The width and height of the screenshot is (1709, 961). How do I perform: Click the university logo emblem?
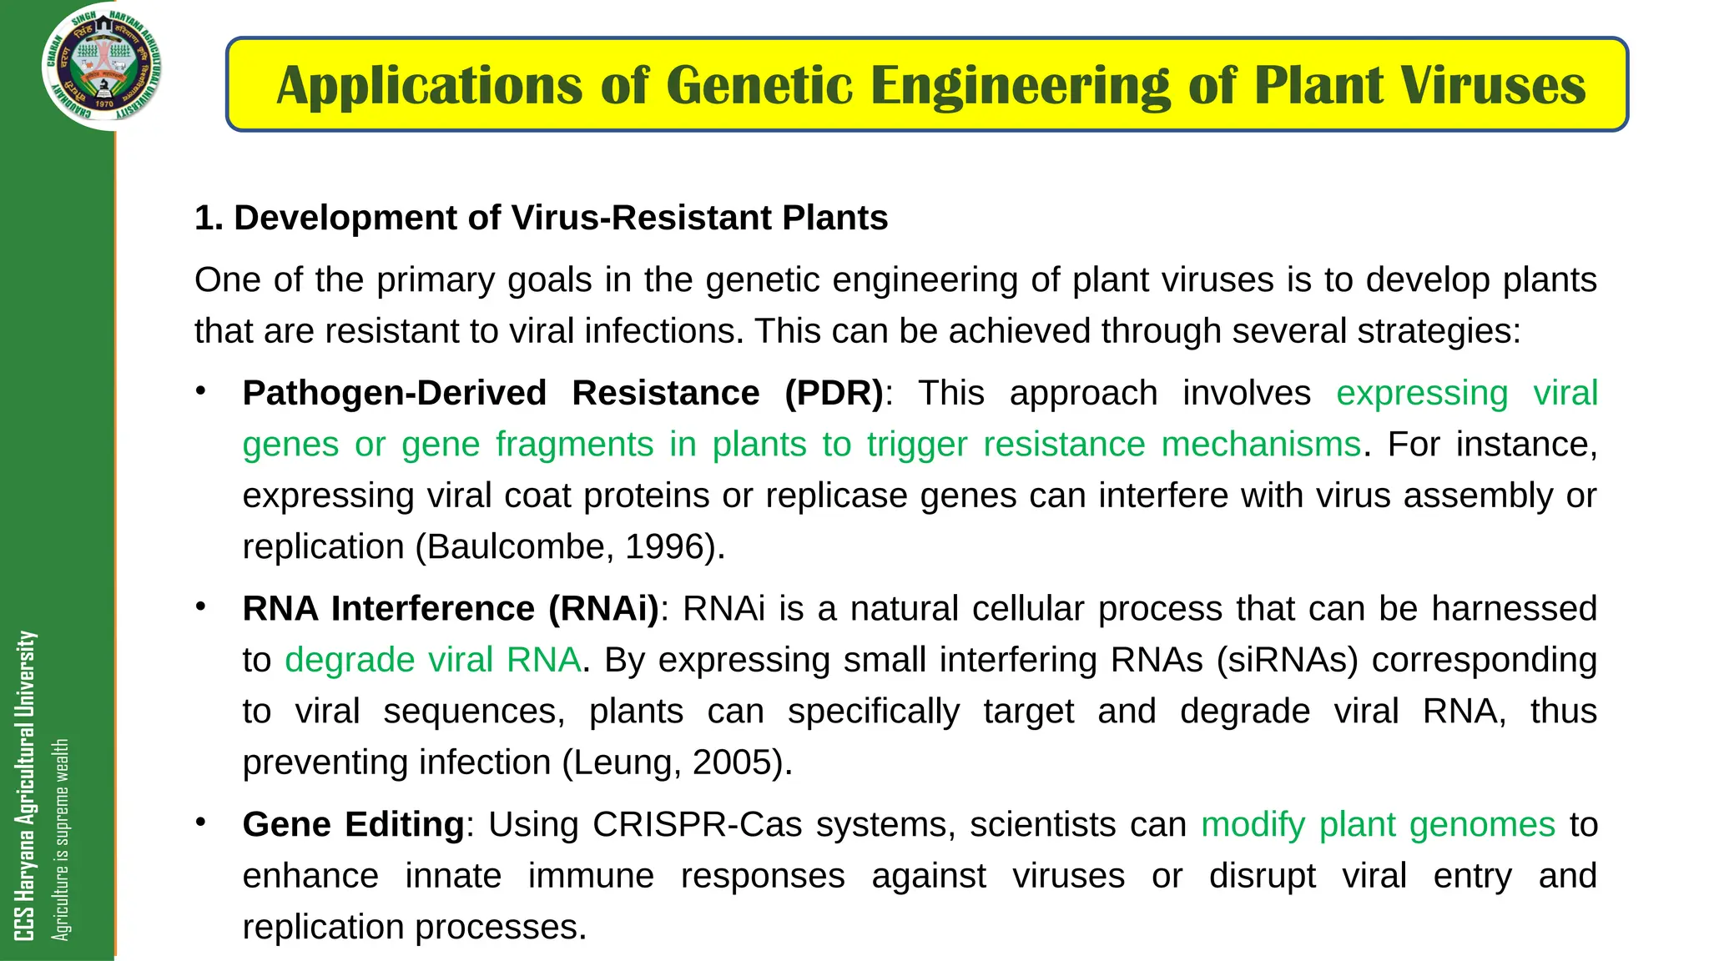pos(102,67)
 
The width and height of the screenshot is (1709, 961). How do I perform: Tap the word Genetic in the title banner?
pos(759,85)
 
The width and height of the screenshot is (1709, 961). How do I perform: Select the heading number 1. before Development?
pos(209,218)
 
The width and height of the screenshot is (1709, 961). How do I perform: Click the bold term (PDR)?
pos(834,393)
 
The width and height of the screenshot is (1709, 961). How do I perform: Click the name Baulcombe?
pos(520,547)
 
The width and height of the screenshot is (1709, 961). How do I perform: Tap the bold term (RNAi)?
pos(603,609)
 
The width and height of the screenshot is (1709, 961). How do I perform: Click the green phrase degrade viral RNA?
pos(432,660)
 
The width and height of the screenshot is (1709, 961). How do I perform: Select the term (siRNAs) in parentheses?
pos(1287,660)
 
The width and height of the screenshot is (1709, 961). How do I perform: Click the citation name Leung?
pos(625,762)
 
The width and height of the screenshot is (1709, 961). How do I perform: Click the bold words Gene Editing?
pos(353,825)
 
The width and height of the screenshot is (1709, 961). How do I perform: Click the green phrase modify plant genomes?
pos(1378,825)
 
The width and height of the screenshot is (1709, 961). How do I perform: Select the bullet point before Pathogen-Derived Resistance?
pos(200,391)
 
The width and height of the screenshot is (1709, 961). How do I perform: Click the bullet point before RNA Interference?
pos(200,606)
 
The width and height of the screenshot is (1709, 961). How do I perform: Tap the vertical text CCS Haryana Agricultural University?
pos(25,784)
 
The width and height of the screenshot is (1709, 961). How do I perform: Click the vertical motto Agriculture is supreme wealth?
pos(60,838)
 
